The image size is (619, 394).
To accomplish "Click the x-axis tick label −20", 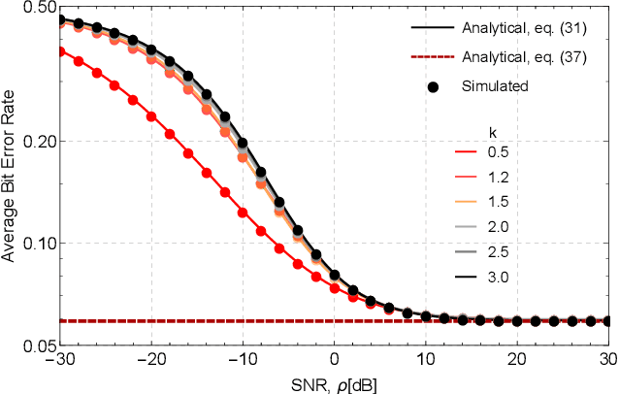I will pyautogui.click(x=150, y=357).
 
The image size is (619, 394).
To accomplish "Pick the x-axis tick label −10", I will pyautogui.click(x=242, y=357).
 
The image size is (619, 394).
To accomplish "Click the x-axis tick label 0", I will pyautogui.click(x=334, y=357).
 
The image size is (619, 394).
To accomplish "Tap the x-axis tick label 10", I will pyautogui.click(x=425, y=357).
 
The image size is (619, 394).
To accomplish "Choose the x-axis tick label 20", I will pyautogui.click(x=516, y=357).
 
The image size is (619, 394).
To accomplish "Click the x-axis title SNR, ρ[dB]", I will pyautogui.click(x=335, y=380).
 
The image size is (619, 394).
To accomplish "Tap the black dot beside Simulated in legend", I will pyautogui.click(x=434, y=86).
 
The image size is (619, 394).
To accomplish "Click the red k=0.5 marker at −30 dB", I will pyautogui.click(x=60, y=51).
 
